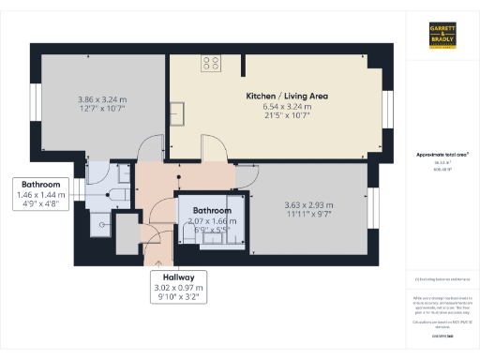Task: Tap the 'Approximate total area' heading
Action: [x=442, y=154]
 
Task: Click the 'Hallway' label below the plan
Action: [x=176, y=277]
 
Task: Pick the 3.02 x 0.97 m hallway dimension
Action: [x=176, y=289]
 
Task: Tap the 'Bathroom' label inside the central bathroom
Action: [x=212, y=210]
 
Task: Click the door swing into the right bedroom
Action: [x=246, y=174]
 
